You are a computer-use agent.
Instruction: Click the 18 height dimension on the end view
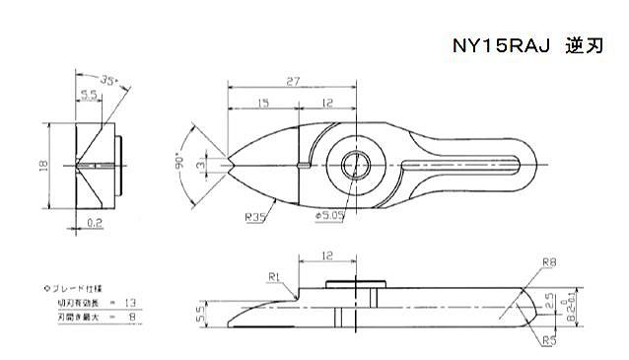click(x=42, y=167)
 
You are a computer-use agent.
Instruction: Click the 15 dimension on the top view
click(x=263, y=104)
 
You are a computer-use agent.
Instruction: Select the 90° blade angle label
click(x=184, y=164)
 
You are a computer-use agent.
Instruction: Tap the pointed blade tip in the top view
click(x=229, y=164)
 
